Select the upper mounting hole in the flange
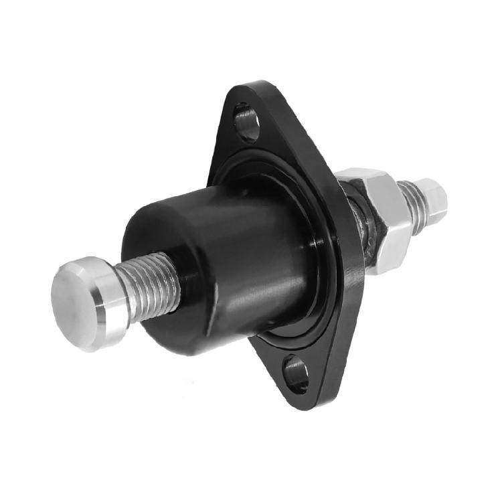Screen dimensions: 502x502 (x=246, y=121)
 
